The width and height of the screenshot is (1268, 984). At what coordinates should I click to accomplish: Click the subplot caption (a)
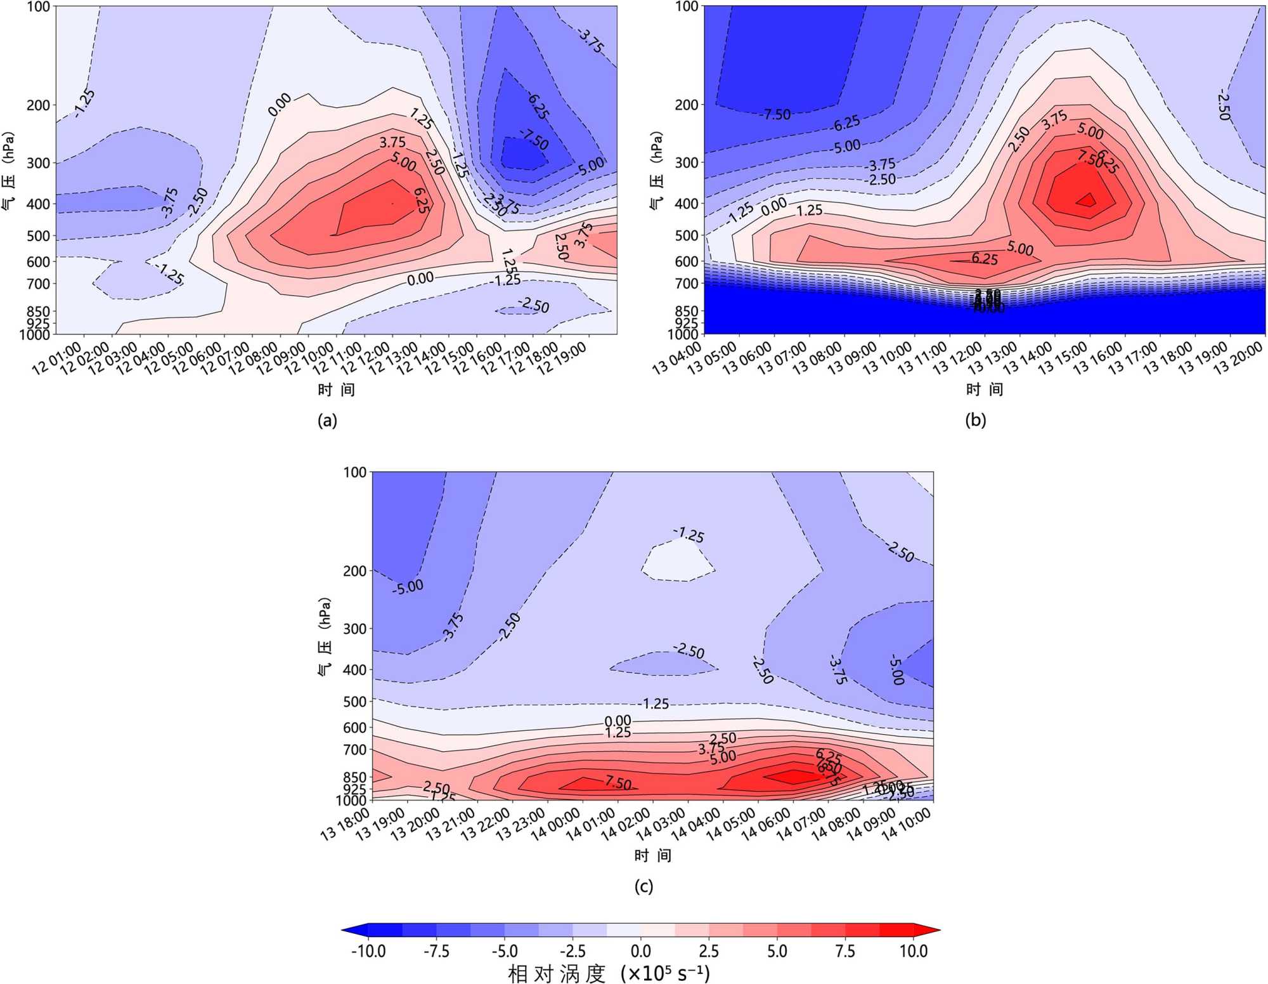(327, 421)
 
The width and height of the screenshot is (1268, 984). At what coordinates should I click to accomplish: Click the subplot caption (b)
(975, 420)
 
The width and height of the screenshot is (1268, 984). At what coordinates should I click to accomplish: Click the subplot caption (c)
(644, 886)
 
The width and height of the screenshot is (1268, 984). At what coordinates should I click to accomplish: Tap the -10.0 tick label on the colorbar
(368, 951)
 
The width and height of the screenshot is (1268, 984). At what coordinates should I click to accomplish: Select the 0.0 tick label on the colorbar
(640, 951)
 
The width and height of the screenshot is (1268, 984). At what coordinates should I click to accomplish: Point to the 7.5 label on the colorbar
(845, 951)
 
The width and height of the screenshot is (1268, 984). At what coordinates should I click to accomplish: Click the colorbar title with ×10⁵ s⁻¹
(609, 973)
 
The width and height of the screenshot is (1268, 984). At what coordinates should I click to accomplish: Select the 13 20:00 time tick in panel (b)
(1239, 358)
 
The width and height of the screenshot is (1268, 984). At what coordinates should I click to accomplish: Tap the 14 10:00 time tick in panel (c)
(907, 824)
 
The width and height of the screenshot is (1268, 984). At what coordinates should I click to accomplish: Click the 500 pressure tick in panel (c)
(355, 702)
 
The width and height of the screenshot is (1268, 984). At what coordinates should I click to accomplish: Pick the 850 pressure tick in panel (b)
(687, 311)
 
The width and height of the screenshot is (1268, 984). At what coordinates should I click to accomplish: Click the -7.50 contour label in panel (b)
(776, 115)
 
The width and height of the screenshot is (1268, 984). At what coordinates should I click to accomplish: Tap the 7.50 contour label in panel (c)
(618, 783)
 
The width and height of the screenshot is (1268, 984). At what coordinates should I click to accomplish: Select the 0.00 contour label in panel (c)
(618, 721)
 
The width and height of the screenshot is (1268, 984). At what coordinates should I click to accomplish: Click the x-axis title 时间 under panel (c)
(653, 856)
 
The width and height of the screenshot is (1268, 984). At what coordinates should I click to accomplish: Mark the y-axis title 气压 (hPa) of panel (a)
(9, 171)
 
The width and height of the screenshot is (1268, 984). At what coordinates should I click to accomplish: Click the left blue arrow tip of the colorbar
(344, 930)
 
